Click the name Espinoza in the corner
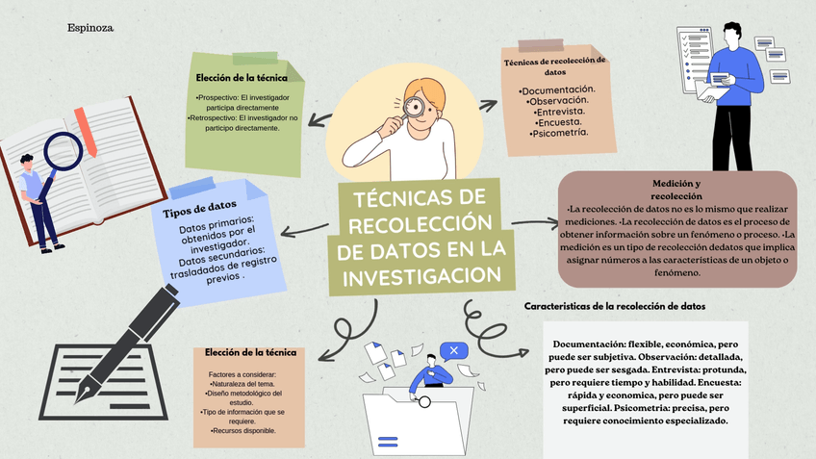click(x=90, y=28)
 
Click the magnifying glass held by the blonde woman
click(x=416, y=106)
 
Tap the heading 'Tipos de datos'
click(x=201, y=207)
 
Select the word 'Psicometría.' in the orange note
click(x=558, y=134)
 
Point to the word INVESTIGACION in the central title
click(x=422, y=276)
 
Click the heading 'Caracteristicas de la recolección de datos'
click(x=615, y=306)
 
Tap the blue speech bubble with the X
click(x=453, y=350)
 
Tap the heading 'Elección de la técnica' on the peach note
click(x=250, y=353)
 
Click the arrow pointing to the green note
click(x=322, y=119)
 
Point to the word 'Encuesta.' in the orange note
click(x=558, y=123)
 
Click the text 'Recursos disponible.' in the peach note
click(x=245, y=430)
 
